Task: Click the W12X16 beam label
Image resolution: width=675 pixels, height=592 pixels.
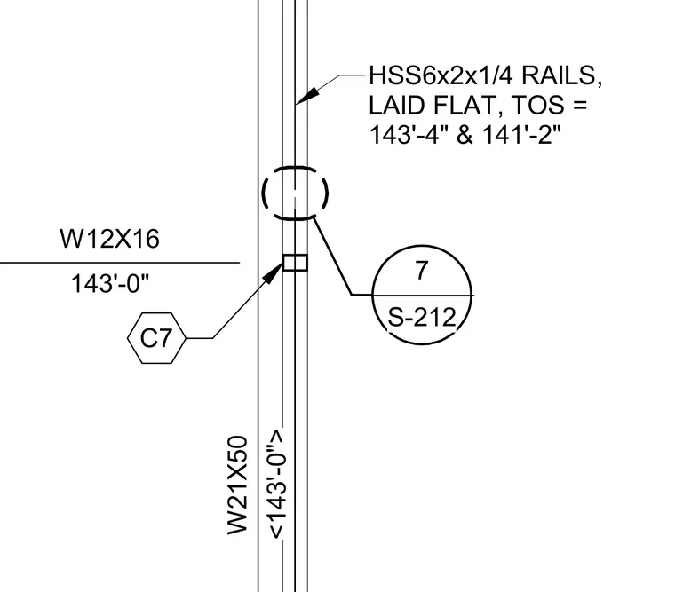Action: [110, 239]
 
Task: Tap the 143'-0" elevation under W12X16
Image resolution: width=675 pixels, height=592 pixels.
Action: [110, 284]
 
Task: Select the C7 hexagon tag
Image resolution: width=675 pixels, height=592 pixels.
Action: [156, 338]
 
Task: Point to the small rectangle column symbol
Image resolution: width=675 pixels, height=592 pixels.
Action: [295, 263]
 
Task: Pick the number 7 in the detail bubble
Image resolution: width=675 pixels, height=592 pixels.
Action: [422, 270]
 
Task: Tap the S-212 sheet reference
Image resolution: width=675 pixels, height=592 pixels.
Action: [422, 318]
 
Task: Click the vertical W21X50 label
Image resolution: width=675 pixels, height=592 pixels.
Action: [238, 485]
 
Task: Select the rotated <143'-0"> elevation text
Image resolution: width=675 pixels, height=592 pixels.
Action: [276, 484]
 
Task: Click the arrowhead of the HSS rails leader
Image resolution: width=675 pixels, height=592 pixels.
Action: [307, 96]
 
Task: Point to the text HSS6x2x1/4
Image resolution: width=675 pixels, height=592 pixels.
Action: [441, 75]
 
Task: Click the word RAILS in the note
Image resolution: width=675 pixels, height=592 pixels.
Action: [562, 75]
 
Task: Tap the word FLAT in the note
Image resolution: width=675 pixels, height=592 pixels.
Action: [467, 106]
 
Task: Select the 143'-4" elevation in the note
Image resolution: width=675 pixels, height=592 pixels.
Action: [408, 135]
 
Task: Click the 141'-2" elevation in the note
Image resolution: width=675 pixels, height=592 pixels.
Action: [521, 135]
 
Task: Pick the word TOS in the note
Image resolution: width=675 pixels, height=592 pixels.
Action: [539, 106]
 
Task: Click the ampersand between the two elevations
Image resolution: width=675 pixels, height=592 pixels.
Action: [465, 135]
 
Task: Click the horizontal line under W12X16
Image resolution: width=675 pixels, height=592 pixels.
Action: [120, 263]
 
